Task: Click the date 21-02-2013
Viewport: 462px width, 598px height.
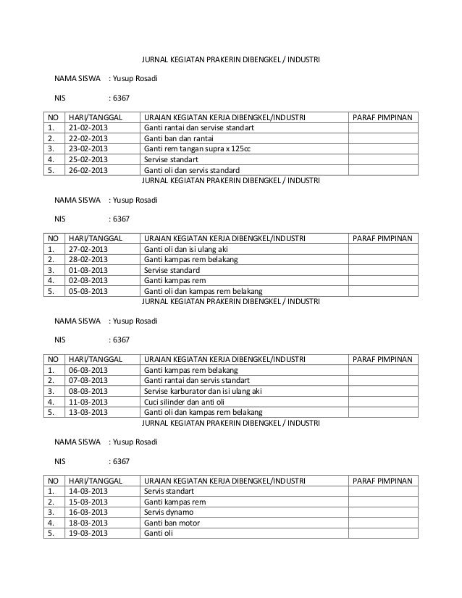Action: pyautogui.click(x=86, y=129)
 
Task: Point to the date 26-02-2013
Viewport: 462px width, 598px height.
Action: pyautogui.click(x=86, y=170)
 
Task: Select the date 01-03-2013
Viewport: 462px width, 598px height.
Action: pyautogui.click(x=86, y=271)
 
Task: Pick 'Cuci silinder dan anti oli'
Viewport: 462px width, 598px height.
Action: pyautogui.click(x=186, y=403)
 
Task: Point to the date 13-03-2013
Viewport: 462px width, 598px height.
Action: pyautogui.click(x=86, y=413)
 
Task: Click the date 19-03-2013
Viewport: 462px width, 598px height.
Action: pyautogui.click(x=86, y=534)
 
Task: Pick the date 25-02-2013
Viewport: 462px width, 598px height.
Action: pyautogui.click(x=86, y=160)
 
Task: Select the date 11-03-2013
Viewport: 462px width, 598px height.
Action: pyautogui.click(x=86, y=403)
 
